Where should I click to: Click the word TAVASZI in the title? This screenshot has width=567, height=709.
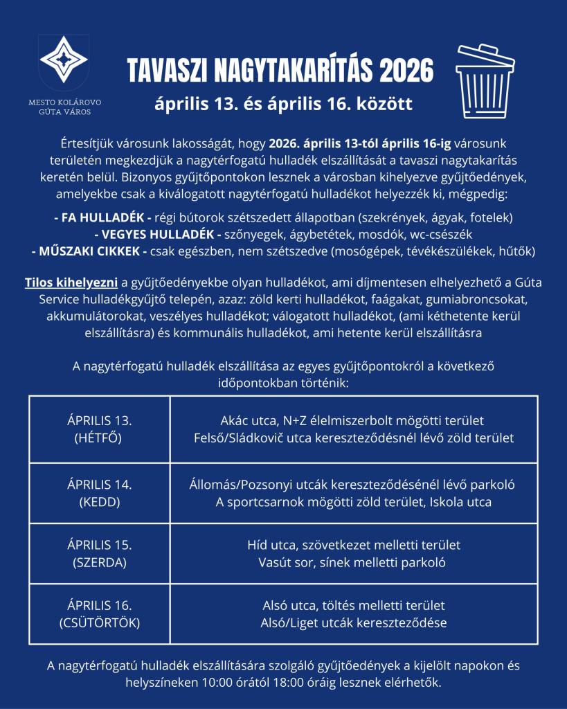point(165,70)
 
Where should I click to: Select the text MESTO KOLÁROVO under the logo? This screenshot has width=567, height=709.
point(64,102)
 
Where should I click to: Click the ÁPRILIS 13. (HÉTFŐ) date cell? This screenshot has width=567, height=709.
point(100,429)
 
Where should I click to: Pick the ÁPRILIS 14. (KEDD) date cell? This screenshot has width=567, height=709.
point(100,493)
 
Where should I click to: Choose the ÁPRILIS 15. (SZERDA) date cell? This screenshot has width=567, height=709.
point(100,553)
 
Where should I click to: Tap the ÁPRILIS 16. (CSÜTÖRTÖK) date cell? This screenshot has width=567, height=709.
point(100,613)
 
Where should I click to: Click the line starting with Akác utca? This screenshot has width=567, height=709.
point(354,421)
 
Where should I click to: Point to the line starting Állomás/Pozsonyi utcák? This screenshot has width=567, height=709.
point(354,485)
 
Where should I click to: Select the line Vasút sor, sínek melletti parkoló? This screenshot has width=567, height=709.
point(354,562)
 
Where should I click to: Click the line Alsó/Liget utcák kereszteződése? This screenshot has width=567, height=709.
point(354,622)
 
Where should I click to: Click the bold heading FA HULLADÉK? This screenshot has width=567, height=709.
point(103,217)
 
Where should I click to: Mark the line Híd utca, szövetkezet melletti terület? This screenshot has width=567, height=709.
point(354,545)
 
